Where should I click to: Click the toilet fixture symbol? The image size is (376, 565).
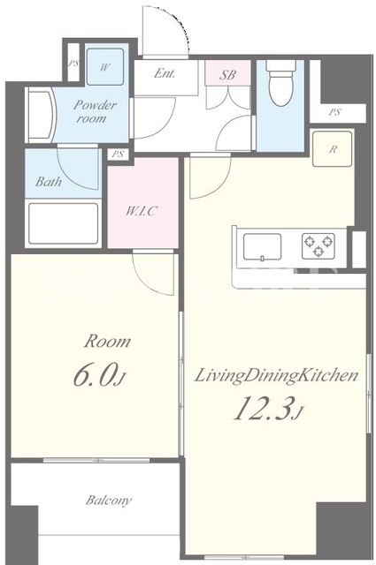(281, 83)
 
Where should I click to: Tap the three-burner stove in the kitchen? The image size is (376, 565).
(318, 246)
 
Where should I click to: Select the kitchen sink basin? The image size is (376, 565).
(262, 247)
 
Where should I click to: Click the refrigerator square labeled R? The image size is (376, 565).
(332, 149)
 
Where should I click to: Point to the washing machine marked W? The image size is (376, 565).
(105, 67)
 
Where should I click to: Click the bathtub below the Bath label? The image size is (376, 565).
(63, 223)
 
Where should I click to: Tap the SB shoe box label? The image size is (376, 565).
(227, 74)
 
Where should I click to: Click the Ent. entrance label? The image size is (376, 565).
(165, 73)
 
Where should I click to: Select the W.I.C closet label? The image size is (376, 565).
(142, 211)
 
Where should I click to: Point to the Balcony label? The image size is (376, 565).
(108, 501)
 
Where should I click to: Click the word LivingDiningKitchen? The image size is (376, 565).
(276, 376)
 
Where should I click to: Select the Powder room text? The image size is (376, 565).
(95, 112)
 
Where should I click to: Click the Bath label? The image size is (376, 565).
(48, 181)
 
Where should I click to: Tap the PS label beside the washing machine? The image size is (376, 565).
(73, 64)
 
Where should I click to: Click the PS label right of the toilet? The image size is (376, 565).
(334, 112)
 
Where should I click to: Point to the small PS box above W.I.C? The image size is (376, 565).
(118, 154)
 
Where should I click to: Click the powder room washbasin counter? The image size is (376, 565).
(41, 115)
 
